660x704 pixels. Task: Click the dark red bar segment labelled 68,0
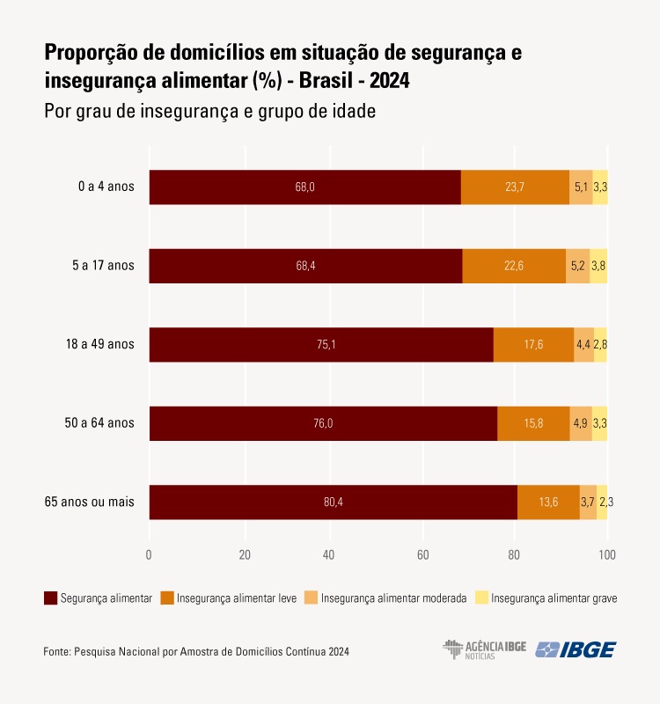[304, 187]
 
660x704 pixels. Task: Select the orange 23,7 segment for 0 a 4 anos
[515, 187]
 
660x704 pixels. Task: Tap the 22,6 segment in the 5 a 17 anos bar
[514, 266]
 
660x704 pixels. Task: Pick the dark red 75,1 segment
[321, 344]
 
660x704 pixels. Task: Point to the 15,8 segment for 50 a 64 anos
[533, 423]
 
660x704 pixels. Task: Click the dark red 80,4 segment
[333, 502]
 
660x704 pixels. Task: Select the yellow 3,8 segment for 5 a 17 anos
[598, 266]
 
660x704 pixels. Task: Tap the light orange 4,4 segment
[583, 344]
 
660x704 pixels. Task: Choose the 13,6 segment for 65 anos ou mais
[548, 502]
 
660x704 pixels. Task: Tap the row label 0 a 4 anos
[106, 187]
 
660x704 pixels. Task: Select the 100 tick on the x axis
[606, 555]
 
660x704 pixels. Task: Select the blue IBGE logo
[576, 649]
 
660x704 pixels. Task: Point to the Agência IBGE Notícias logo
[484, 649]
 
